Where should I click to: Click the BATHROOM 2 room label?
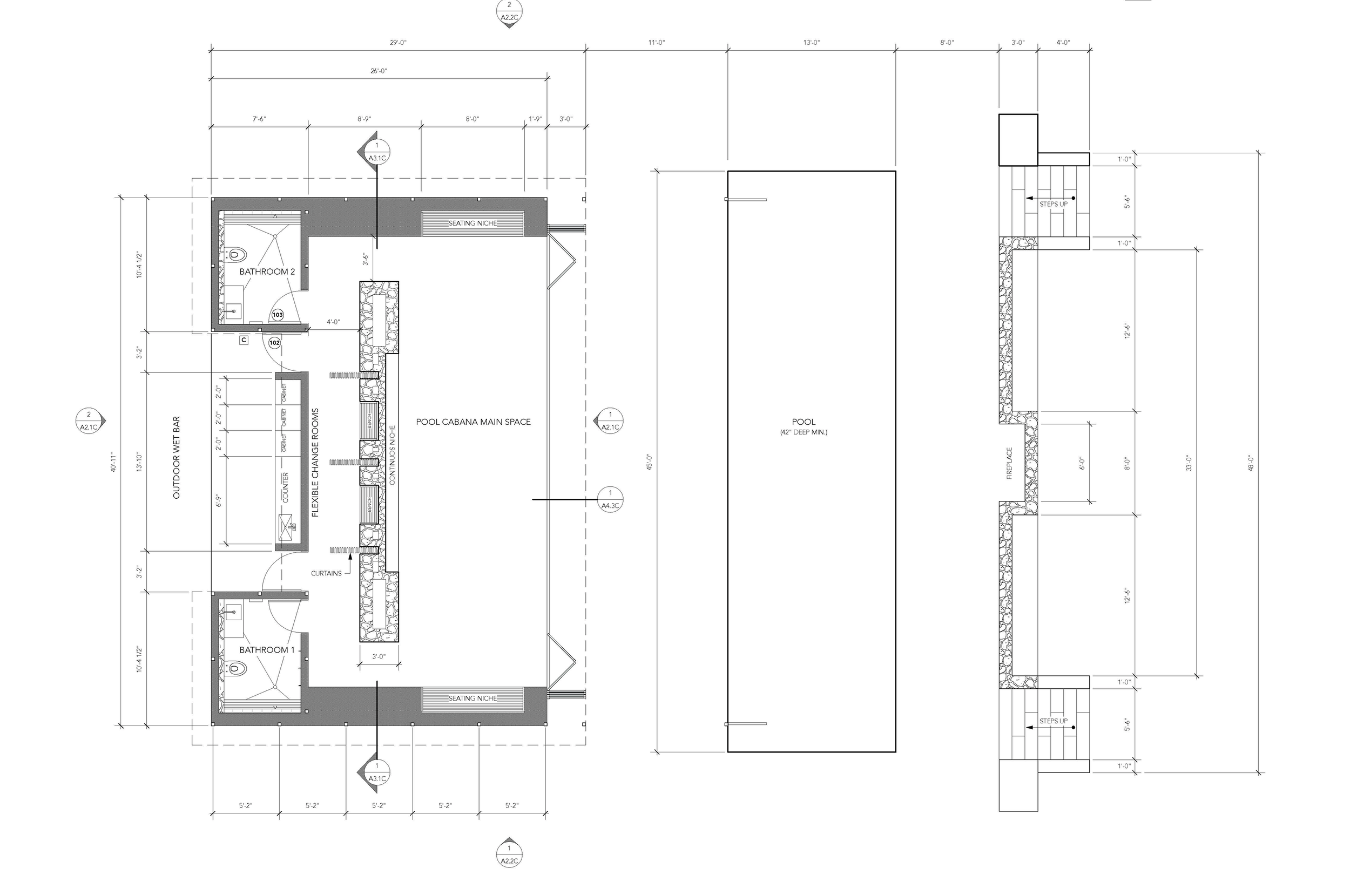[x=267, y=272]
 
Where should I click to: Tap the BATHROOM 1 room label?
[x=267, y=650]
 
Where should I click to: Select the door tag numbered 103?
[x=278, y=315]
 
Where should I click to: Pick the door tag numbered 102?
[x=274, y=343]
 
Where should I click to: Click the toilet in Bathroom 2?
[x=238, y=254]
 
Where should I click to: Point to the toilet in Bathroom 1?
[x=238, y=669]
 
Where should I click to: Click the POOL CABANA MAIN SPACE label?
[x=473, y=422]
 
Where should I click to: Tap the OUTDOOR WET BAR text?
[x=176, y=458]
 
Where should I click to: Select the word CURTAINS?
[x=326, y=573]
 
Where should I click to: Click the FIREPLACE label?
[x=1009, y=463]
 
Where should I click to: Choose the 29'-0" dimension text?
[x=398, y=43]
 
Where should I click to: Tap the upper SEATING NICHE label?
[x=473, y=223]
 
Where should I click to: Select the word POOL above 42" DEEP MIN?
[x=804, y=422]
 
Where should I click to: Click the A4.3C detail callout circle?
[x=610, y=499]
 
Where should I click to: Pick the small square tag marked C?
[x=244, y=340]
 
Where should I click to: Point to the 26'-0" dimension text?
[x=379, y=71]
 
